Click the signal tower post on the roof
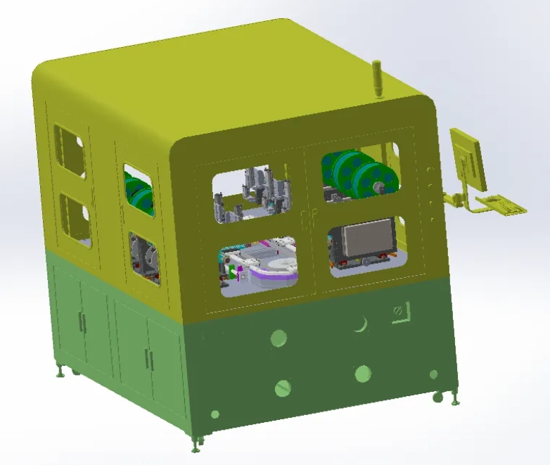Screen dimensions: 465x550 coord(378,78)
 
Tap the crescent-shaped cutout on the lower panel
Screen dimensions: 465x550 coord(361,324)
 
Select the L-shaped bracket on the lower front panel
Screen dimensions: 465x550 coord(401,311)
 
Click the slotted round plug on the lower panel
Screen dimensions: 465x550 coord(283,387)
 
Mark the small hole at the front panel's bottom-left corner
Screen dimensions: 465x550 coord(215,414)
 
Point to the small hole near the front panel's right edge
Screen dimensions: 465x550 coord(434,374)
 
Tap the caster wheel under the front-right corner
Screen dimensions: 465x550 coord(437,397)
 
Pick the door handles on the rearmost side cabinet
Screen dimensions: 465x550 coord(82,323)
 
